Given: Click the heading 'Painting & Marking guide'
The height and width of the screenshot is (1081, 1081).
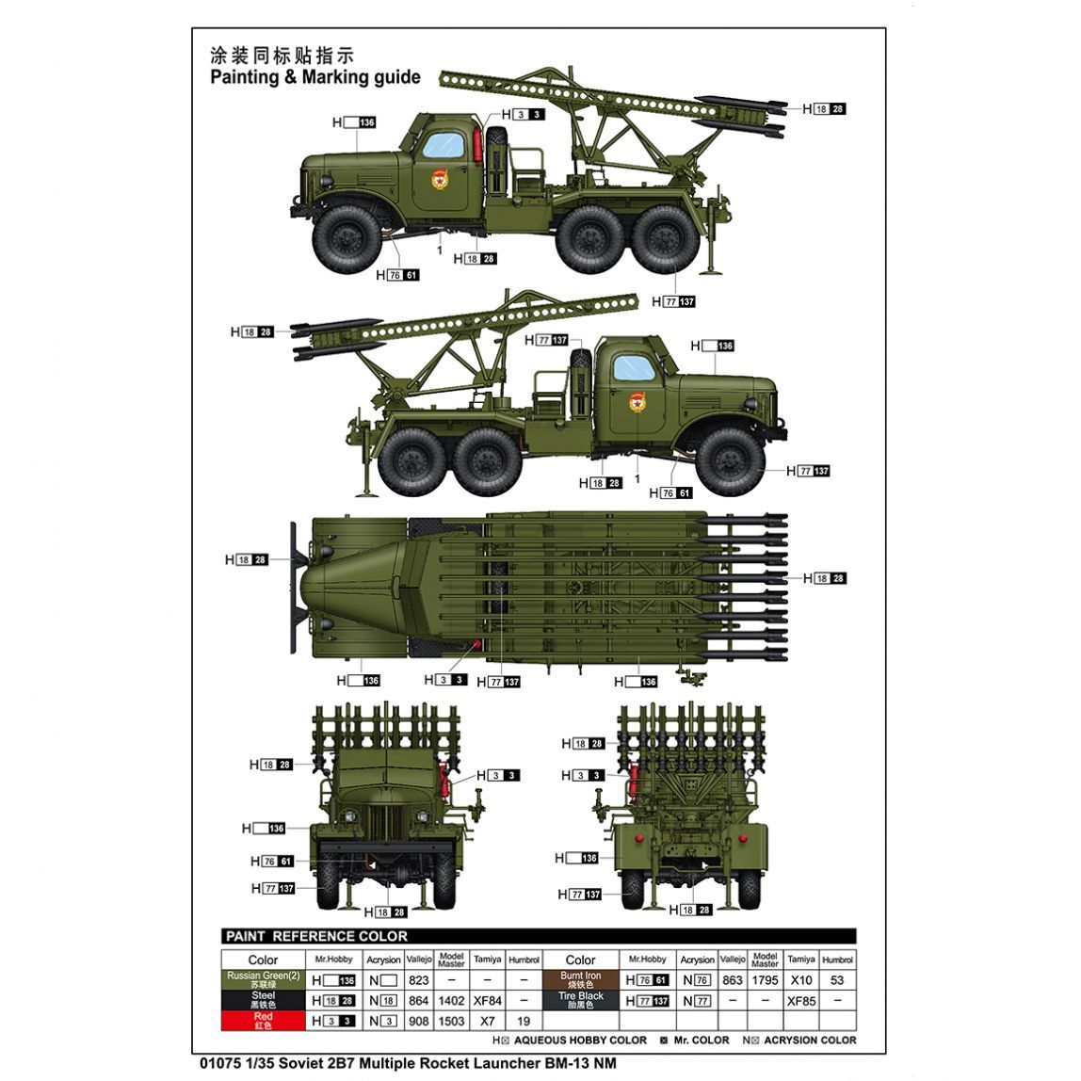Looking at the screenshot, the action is tap(315, 76).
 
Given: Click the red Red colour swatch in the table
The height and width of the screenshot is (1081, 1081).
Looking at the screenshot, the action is tap(264, 1021).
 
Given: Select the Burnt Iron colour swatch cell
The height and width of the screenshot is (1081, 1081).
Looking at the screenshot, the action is tap(580, 979).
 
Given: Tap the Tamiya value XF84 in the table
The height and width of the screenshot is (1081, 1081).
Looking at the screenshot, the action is tap(488, 1000).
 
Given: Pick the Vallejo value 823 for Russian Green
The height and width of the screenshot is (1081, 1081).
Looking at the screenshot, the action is tap(418, 979).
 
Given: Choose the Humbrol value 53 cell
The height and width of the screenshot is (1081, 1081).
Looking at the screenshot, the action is tap(837, 979).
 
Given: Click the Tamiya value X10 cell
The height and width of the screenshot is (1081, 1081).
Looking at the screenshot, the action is tap(801, 979).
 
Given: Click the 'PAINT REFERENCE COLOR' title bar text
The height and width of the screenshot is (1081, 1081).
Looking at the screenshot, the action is tap(316, 936).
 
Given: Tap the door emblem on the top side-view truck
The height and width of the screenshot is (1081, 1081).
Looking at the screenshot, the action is tap(440, 178).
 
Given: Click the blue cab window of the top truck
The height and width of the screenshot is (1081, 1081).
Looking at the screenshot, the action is tap(444, 145).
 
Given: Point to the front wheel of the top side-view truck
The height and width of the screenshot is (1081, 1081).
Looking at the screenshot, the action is tap(347, 238).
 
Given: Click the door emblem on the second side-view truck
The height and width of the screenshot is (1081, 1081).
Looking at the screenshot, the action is tap(637, 401).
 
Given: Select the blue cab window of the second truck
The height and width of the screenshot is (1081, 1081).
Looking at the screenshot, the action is tap(635, 368).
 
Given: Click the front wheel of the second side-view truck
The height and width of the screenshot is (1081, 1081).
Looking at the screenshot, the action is tap(730, 462).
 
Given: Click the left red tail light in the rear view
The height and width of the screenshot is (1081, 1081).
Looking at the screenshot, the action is tap(638, 838).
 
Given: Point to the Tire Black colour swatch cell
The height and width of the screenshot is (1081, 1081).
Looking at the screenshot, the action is tap(580, 1000).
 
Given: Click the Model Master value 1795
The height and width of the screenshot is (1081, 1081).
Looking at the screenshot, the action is tap(766, 979).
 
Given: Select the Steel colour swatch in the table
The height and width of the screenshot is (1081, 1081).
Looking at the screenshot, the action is tap(264, 1000).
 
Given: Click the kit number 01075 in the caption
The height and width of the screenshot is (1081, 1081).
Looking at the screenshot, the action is tap(220, 1063).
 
